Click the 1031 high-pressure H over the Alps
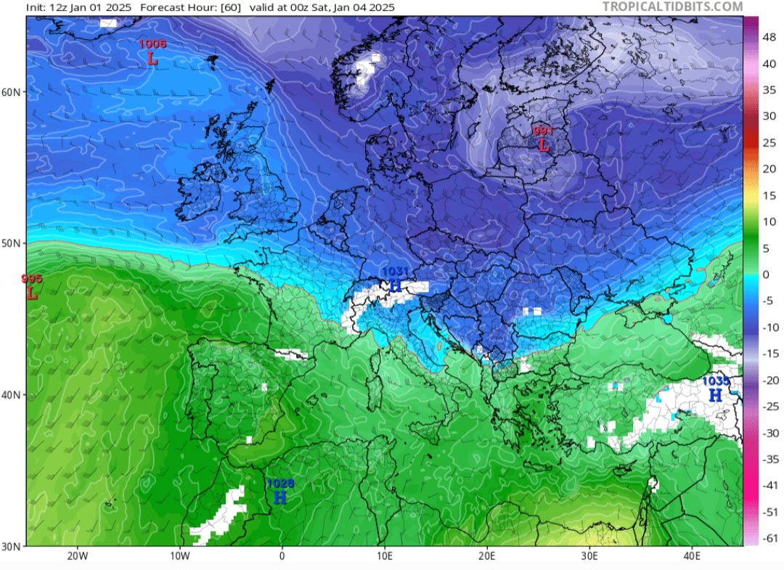pos(396,285)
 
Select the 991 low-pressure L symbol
pos(544,144)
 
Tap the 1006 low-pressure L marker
pos(152,59)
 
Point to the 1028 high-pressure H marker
pos(280,497)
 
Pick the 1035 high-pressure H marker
pos(715,395)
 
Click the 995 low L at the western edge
pos(32,293)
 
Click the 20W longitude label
pos(78,557)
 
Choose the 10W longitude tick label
pos(180,557)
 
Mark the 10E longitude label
pos(385,557)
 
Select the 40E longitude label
pos(692,557)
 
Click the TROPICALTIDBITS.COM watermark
pos(673,7)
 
